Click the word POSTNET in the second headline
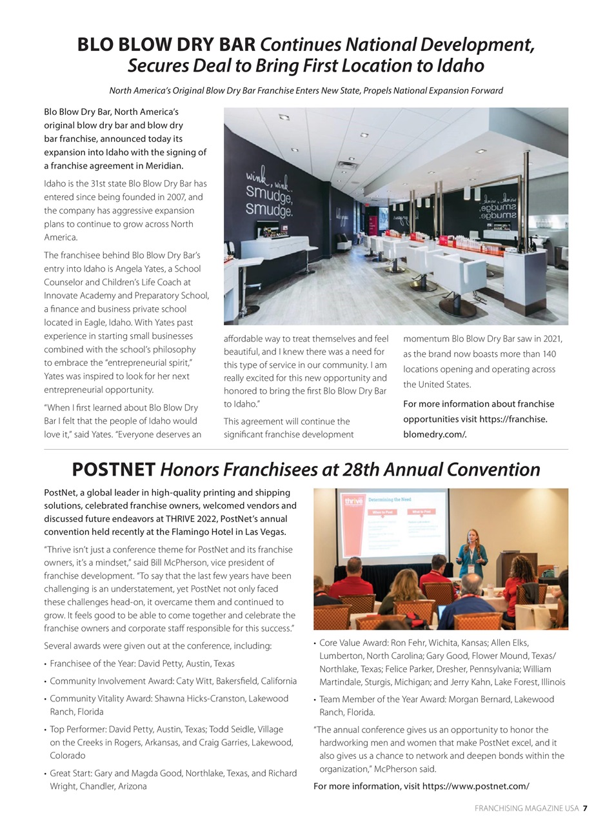click(114, 469)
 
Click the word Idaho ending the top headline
click(461, 66)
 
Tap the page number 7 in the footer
click(585, 808)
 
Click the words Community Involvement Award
click(108, 681)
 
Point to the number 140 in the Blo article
click(548, 354)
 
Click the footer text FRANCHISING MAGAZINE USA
click(526, 808)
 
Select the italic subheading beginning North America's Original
click(306, 90)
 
